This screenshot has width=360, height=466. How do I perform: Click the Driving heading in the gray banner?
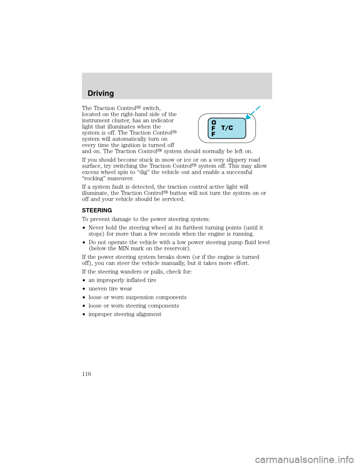tap(100, 93)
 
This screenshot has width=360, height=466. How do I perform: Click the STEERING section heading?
tap(97, 210)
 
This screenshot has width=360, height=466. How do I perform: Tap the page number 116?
tap(86, 374)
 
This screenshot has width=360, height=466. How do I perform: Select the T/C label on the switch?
tap(227, 128)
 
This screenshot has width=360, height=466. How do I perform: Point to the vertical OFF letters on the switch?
tap(213, 128)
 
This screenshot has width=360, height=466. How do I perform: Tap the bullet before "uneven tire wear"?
tap(84, 289)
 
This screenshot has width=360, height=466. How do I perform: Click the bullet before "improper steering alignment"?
tap(84, 314)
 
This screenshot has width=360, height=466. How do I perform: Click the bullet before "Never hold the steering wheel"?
tap(84, 228)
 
